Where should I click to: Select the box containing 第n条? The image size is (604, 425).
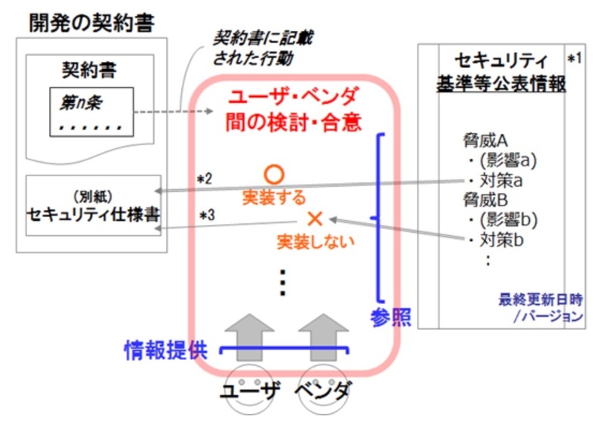click(x=91, y=111)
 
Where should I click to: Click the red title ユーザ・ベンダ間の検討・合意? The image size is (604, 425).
click(x=295, y=109)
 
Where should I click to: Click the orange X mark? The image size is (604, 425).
click(x=316, y=219)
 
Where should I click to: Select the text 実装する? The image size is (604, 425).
click(x=274, y=198)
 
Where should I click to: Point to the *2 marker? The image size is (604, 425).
click(x=205, y=178)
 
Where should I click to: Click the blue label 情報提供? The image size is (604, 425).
click(x=166, y=349)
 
